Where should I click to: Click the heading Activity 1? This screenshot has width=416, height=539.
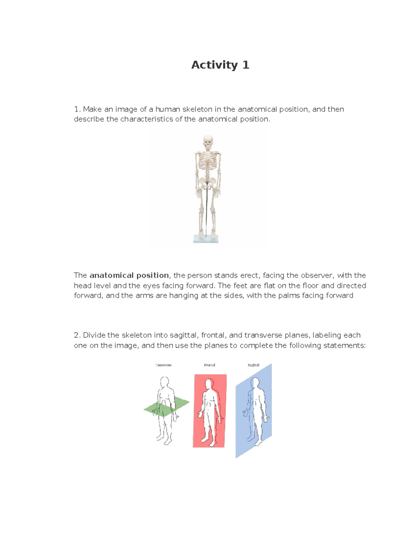220,65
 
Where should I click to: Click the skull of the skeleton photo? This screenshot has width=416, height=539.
208,142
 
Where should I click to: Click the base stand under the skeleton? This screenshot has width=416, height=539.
206,239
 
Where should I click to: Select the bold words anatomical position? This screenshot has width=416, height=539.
129,276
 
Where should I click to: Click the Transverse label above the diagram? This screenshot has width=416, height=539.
164,365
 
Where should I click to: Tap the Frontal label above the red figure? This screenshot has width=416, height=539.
210,365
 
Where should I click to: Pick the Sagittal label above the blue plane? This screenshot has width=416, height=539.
253,365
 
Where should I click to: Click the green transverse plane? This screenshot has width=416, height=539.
180,404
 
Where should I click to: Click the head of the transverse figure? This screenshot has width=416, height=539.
164,382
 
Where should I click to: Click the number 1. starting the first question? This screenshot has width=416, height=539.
77,109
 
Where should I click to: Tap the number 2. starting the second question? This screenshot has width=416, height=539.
77,335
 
